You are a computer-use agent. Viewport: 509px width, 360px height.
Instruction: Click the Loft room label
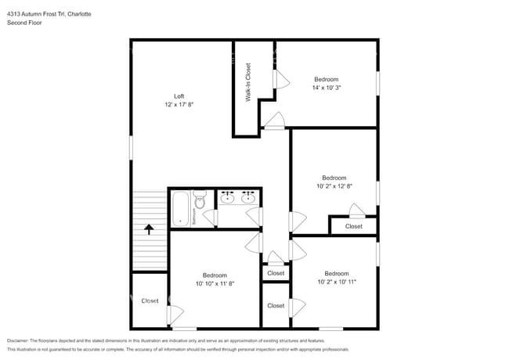click(x=179, y=96)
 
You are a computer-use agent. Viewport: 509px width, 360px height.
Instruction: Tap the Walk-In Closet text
click(x=248, y=83)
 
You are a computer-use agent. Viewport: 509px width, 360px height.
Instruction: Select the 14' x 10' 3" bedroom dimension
click(x=327, y=88)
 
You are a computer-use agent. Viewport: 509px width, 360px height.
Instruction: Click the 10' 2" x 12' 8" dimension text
click(x=334, y=186)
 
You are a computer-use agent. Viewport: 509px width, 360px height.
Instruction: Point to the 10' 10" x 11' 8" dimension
click(x=215, y=283)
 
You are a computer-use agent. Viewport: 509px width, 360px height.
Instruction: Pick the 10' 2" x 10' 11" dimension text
click(x=337, y=282)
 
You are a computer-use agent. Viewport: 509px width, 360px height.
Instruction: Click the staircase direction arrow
click(x=148, y=229)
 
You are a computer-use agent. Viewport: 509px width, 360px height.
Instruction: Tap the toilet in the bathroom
click(x=200, y=202)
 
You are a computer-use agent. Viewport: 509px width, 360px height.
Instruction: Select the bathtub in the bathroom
click(x=180, y=208)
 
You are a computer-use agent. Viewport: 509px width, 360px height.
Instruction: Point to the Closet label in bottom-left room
click(x=150, y=301)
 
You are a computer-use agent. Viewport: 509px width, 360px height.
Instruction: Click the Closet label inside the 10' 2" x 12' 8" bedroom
click(x=354, y=226)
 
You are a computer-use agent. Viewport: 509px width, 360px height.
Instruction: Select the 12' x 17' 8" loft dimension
click(x=179, y=105)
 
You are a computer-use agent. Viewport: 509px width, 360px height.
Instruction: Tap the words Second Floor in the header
click(x=25, y=23)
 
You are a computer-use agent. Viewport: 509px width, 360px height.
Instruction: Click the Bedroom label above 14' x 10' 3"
click(x=327, y=79)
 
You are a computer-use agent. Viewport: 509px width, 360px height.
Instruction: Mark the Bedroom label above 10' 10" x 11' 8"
click(x=215, y=275)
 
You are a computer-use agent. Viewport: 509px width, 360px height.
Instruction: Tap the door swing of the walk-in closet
click(x=273, y=121)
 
